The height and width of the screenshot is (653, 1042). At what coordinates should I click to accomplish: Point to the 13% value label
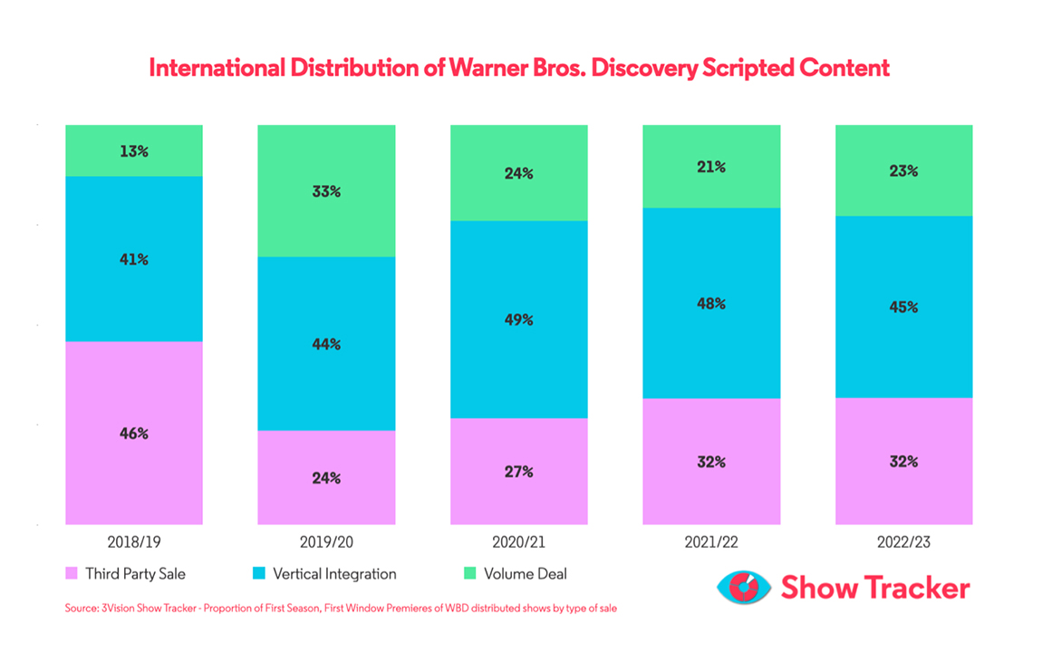click(134, 151)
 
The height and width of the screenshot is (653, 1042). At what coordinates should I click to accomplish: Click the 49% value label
click(519, 320)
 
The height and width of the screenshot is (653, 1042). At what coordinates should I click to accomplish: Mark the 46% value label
click(134, 434)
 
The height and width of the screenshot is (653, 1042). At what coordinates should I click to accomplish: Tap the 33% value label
click(326, 191)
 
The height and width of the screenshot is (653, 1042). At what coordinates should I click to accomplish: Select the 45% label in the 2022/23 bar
click(903, 307)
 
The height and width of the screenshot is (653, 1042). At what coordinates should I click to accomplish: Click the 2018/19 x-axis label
click(134, 543)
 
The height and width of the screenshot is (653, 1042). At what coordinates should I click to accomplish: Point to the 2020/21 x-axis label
click(519, 543)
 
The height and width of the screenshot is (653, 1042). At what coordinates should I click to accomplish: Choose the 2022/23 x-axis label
click(903, 543)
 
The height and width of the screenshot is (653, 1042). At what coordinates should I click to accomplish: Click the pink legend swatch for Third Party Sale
click(71, 574)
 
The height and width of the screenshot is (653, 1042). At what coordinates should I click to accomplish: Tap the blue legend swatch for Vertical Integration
click(257, 574)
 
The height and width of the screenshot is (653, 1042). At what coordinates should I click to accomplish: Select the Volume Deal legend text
click(526, 574)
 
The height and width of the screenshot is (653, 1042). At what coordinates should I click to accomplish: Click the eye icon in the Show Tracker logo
click(744, 588)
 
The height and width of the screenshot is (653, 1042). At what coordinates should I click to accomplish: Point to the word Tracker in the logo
click(913, 588)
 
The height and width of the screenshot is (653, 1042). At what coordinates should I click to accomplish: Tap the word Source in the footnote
click(81, 609)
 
